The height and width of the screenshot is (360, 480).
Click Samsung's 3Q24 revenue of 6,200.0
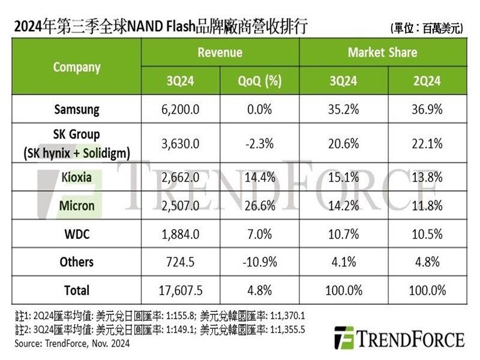pos(181,110)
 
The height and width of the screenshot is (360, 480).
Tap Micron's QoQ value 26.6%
pos(259,206)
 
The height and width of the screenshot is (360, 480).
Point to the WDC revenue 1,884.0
pos(181,234)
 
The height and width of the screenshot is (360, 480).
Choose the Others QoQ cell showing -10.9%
pos(259,262)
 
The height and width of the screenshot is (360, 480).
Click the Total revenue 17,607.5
pos(181,290)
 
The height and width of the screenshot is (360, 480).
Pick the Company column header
pos(77,67)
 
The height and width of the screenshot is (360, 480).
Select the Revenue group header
pos(220,53)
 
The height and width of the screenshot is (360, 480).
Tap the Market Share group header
pos(382,53)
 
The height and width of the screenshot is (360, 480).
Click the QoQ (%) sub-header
pos(259,81)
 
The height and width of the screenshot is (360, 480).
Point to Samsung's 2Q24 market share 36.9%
pos(427,110)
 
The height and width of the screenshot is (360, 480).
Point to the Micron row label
pos(77,206)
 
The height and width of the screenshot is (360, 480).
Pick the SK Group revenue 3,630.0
pos(181,144)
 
